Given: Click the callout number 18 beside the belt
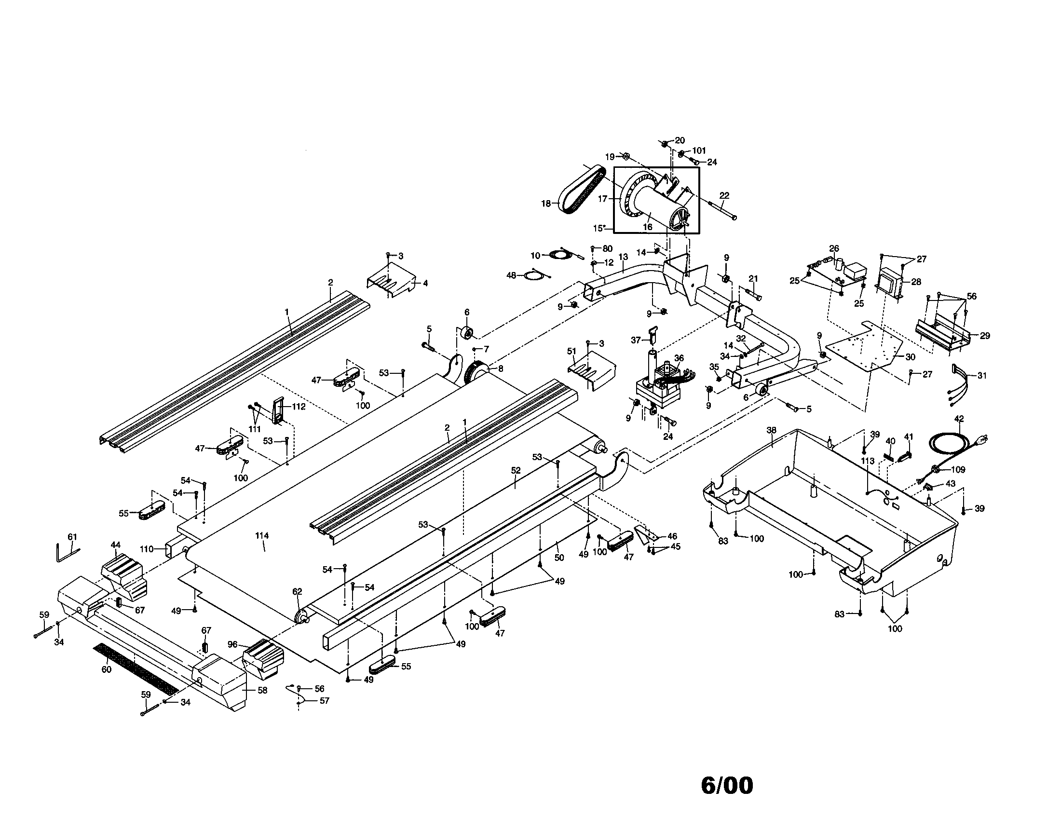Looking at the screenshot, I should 546,204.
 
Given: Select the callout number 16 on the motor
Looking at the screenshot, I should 647,227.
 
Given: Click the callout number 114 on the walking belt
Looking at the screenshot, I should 262,536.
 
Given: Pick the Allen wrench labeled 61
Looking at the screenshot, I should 65,552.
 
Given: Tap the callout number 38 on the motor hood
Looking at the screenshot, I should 771,430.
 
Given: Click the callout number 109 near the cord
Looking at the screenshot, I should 958,470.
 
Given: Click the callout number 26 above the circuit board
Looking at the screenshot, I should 834,248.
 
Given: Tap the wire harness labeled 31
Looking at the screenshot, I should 959,381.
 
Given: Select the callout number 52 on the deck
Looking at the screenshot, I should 516,470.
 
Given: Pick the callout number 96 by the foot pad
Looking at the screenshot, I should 233,644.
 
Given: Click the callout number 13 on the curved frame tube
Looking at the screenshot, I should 623,257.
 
